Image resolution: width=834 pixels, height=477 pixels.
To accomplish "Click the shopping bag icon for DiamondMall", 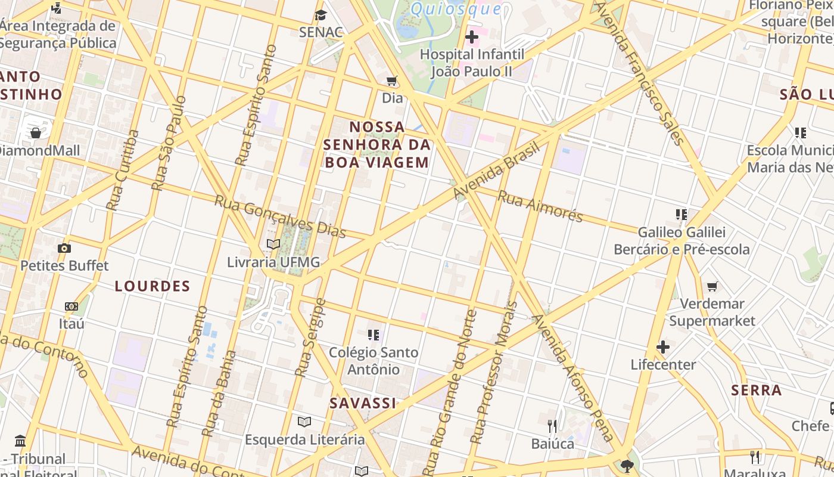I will click(36, 132).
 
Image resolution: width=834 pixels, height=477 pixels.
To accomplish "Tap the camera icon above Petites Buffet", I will click(64, 248).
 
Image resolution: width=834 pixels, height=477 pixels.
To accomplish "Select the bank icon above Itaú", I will click(71, 306).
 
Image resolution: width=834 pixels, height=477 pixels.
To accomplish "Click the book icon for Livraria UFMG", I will click(273, 244).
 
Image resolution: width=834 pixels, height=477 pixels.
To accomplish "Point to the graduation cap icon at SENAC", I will click(321, 15).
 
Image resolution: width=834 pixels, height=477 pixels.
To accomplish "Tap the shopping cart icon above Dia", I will click(392, 80).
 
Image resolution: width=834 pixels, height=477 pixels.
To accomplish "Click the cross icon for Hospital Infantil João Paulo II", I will click(472, 37).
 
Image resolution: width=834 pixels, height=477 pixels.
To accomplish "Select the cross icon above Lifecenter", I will click(663, 347).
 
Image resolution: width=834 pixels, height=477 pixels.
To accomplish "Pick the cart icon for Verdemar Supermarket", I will click(712, 287).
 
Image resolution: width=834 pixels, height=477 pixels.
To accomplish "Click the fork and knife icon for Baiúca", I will click(553, 426).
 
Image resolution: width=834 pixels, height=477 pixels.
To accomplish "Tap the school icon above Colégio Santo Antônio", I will click(374, 335).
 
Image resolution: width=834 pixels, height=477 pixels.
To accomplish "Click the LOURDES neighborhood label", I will click(153, 286).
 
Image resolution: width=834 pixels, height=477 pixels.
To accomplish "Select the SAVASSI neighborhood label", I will click(363, 403).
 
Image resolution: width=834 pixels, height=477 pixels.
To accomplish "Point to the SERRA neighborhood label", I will click(757, 391).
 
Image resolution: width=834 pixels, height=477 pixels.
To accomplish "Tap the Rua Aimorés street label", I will click(540, 206).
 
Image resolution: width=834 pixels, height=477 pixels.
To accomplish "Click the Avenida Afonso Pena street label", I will click(575, 378).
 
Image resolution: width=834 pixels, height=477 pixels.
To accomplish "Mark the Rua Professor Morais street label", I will click(494, 373).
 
